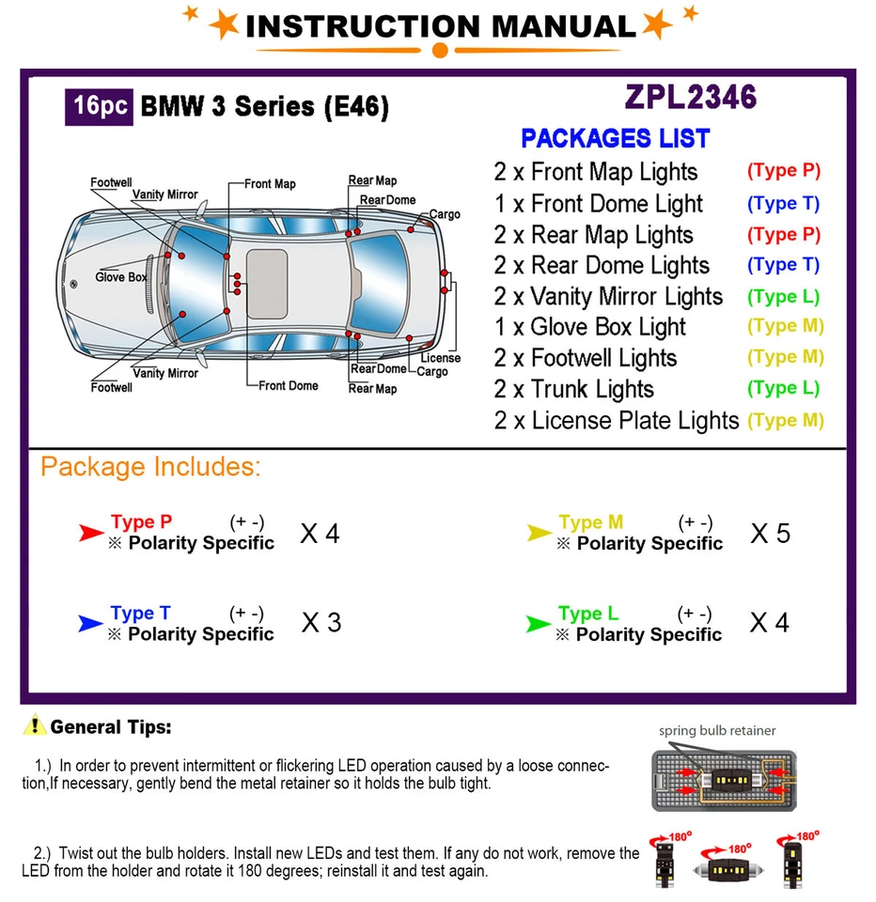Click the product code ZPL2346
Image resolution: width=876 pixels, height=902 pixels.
coord(690,97)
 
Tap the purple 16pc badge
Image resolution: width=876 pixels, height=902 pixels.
coord(99,106)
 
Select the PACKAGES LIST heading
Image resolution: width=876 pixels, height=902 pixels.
coord(615,139)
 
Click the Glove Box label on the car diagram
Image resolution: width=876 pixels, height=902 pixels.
coord(121,277)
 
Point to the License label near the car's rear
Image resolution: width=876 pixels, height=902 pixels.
coord(440,358)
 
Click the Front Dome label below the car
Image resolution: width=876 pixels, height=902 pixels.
coord(289,386)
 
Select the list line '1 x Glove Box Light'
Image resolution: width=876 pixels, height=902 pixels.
coord(590,327)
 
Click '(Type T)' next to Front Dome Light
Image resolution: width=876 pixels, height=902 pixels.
coord(783,203)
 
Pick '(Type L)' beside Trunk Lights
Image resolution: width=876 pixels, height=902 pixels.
coord(783,388)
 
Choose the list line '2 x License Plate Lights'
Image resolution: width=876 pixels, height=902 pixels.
coord(617,420)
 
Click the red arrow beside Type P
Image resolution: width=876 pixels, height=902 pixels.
coord(91,534)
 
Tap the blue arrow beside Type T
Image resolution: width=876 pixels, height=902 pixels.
coord(91,623)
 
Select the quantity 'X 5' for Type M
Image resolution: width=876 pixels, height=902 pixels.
coord(770,534)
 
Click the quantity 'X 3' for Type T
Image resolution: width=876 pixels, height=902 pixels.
coord(321,622)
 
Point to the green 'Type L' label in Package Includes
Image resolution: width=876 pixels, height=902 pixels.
coord(587,614)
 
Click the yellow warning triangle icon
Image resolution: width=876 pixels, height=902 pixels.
coord(35,725)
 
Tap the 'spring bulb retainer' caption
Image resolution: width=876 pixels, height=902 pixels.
coord(717,730)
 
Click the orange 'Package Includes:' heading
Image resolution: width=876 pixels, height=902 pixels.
coord(150,467)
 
